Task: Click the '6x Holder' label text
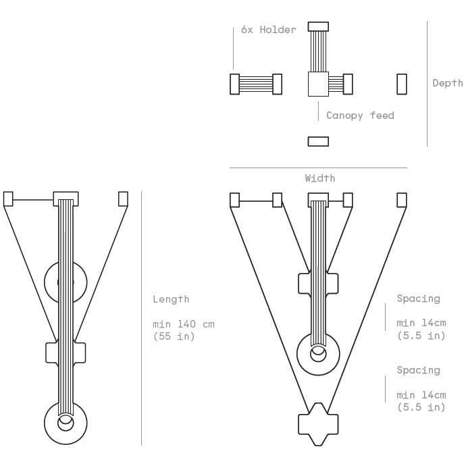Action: pos(268,30)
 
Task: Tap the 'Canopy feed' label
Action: pos(360,115)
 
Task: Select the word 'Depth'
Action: pos(448,83)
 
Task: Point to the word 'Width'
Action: pos(319,178)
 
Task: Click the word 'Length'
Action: pos(171,299)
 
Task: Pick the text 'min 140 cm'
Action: pos(183,324)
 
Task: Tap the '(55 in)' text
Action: pos(174,336)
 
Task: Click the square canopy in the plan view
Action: pos(318,84)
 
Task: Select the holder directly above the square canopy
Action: pos(318,27)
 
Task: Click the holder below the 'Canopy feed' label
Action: pos(318,141)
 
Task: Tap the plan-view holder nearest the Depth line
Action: pos(402,84)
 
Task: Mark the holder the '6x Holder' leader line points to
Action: pos(234,84)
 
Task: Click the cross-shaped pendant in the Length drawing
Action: pos(66,353)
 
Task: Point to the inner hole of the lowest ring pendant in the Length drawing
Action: pos(66,423)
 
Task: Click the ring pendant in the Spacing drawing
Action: pos(318,353)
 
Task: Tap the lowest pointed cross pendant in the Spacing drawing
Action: pos(318,423)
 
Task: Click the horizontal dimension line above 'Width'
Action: pos(318,167)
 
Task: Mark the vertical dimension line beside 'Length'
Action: pos(141,317)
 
